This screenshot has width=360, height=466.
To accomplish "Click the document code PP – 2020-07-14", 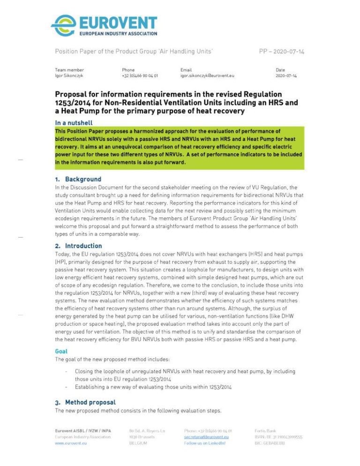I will pos(281,51).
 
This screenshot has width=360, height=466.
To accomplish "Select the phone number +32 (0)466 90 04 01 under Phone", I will pos(140,75).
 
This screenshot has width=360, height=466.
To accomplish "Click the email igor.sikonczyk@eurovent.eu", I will pos(207,75).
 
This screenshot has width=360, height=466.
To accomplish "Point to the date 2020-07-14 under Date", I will pos(286,75).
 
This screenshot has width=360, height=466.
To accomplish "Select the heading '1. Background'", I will pos(78,179).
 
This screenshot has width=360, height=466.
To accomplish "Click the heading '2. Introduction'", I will pos(78,246).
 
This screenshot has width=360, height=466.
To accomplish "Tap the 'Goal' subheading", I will pos(61,351).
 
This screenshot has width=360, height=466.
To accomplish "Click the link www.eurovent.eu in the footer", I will pos(71,443).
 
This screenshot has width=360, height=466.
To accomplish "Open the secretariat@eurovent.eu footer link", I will pos(206,437).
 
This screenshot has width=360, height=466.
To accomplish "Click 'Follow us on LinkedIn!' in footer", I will pos(204,443).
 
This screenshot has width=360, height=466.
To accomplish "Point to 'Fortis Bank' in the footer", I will pos(265,430).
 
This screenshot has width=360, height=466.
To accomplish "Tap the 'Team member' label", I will pos(69,70).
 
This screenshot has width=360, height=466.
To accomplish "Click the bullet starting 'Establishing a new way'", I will pos(153,387).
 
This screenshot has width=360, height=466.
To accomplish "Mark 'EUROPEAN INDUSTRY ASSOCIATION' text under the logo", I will pos(118,34).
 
